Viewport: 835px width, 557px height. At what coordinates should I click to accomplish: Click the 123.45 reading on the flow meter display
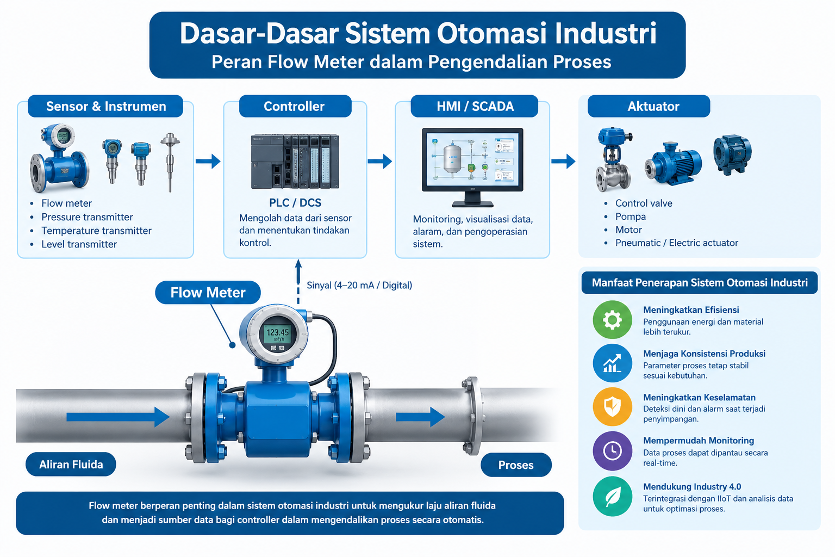pos(278,332)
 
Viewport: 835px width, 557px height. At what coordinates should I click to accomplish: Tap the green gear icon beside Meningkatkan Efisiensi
pos(612,320)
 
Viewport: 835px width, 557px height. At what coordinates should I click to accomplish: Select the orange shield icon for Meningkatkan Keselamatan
pos(612,407)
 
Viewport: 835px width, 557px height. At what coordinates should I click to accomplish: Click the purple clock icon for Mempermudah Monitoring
pos(612,451)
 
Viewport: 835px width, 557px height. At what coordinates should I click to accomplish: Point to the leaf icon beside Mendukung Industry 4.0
pos(612,497)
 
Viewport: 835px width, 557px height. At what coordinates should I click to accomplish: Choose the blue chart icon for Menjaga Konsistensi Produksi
pos(612,363)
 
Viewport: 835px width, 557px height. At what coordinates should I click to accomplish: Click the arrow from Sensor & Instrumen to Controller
pos(208,161)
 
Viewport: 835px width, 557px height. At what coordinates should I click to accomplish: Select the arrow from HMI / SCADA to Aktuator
pos(563,161)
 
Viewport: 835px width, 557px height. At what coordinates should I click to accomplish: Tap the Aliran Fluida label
pos(71,464)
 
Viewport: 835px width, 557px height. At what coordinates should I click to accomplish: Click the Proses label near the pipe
pos(516,465)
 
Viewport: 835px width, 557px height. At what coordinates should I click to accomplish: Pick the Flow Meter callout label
pos(208,293)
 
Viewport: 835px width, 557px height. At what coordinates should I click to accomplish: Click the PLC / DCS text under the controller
pos(295,202)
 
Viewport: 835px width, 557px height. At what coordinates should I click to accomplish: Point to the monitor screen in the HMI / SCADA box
pos(472,158)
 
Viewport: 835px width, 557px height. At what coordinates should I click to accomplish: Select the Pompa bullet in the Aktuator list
pos(631,216)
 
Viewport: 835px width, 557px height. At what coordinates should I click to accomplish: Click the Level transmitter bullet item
pos(79,244)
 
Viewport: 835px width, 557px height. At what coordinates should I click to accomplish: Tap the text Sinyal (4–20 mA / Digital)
pos(359,286)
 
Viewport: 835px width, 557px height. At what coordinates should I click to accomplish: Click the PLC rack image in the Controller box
pos(295,161)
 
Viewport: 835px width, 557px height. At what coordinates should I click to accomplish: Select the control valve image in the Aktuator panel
pos(613,160)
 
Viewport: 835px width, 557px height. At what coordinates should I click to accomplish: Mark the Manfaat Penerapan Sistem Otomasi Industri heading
pos(700,282)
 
